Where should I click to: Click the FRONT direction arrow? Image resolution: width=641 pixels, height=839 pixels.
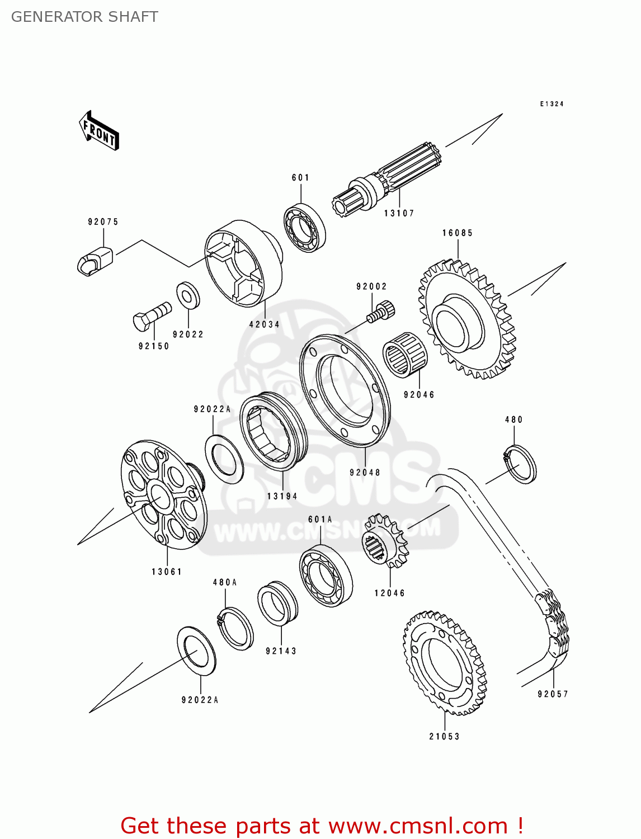pyautogui.click(x=100, y=131)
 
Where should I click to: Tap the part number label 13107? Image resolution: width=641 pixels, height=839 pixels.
pyautogui.click(x=399, y=213)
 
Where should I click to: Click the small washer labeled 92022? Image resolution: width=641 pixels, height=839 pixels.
pyautogui.click(x=188, y=295)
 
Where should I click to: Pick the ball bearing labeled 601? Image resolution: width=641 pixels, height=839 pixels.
pyautogui.click(x=305, y=228)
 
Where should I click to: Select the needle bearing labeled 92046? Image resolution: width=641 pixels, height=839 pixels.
pyautogui.click(x=405, y=354)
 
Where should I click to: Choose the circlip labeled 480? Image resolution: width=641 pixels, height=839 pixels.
pyautogui.click(x=520, y=464)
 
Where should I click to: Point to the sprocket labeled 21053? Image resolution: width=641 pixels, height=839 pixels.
pyautogui.click(x=445, y=662)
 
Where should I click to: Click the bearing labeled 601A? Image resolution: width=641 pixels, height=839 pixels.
pyautogui.click(x=326, y=574)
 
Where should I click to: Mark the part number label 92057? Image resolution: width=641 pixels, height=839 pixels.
pyautogui.click(x=553, y=694)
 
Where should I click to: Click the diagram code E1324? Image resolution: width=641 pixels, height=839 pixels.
pyautogui.click(x=552, y=104)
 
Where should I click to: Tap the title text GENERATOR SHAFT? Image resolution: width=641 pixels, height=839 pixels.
pyautogui.click(x=84, y=17)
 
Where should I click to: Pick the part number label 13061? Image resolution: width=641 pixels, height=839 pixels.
pyautogui.click(x=167, y=572)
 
